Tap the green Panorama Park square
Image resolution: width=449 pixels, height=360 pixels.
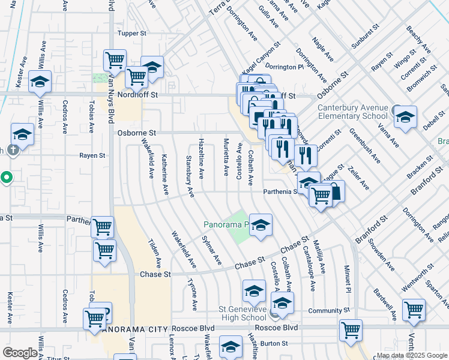(x=240, y=227)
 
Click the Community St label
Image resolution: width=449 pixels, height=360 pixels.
(x=328, y=311)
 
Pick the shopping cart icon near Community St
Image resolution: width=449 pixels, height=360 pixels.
(x=414, y=310)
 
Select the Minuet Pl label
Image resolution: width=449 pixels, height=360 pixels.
(x=347, y=279)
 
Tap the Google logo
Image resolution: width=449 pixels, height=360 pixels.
(x=19, y=353)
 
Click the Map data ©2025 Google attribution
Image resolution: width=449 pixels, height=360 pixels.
(x=412, y=355)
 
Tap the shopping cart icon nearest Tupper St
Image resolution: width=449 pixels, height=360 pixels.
(x=114, y=60)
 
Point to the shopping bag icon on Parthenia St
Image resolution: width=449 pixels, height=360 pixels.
(x=335, y=192)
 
